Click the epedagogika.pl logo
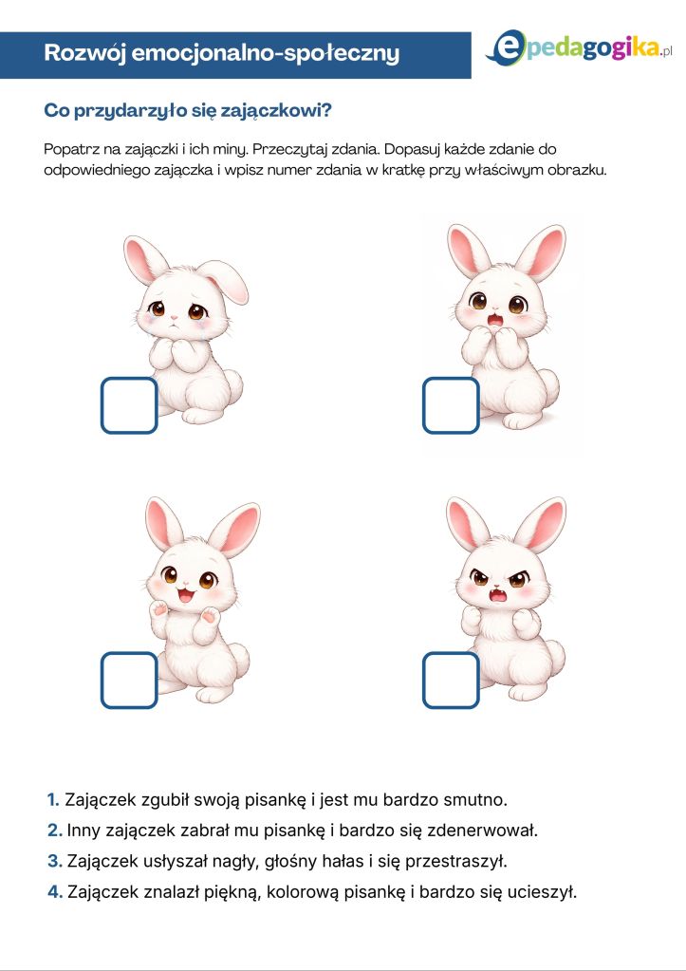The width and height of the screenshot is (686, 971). tap(579, 48)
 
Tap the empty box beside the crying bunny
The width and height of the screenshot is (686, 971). tap(129, 405)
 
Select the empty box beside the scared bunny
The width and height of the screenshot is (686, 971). tap(451, 405)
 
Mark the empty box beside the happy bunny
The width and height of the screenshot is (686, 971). tap(129, 680)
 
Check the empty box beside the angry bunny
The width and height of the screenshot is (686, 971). tap(451, 680)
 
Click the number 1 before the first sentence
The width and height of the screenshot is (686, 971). tap(52, 799)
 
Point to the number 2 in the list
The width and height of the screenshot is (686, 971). tap(54, 830)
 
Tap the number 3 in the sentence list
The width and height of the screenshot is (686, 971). tap(54, 861)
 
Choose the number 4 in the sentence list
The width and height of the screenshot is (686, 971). tap(55, 891)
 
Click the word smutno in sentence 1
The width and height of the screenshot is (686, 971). tap(475, 799)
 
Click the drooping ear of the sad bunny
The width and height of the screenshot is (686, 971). tap(226, 280)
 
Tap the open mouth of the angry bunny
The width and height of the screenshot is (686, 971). tap(497, 596)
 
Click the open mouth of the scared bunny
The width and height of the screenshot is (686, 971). tap(495, 320)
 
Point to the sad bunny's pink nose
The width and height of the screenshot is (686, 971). tap(175, 317)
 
